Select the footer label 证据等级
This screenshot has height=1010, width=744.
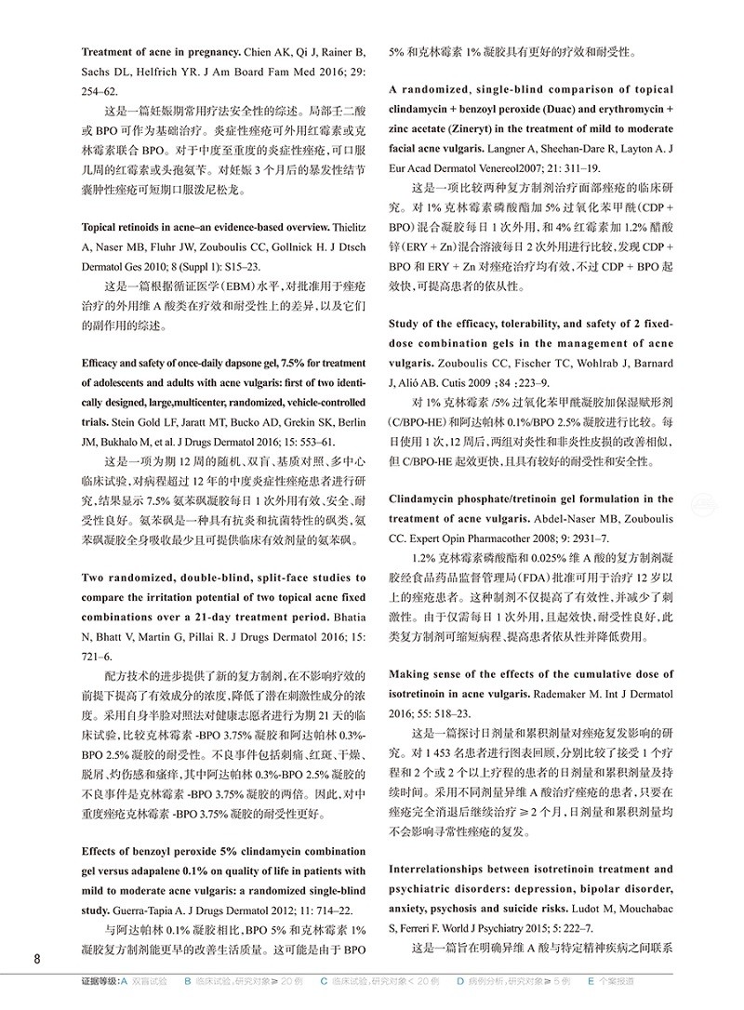pos(100,981)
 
